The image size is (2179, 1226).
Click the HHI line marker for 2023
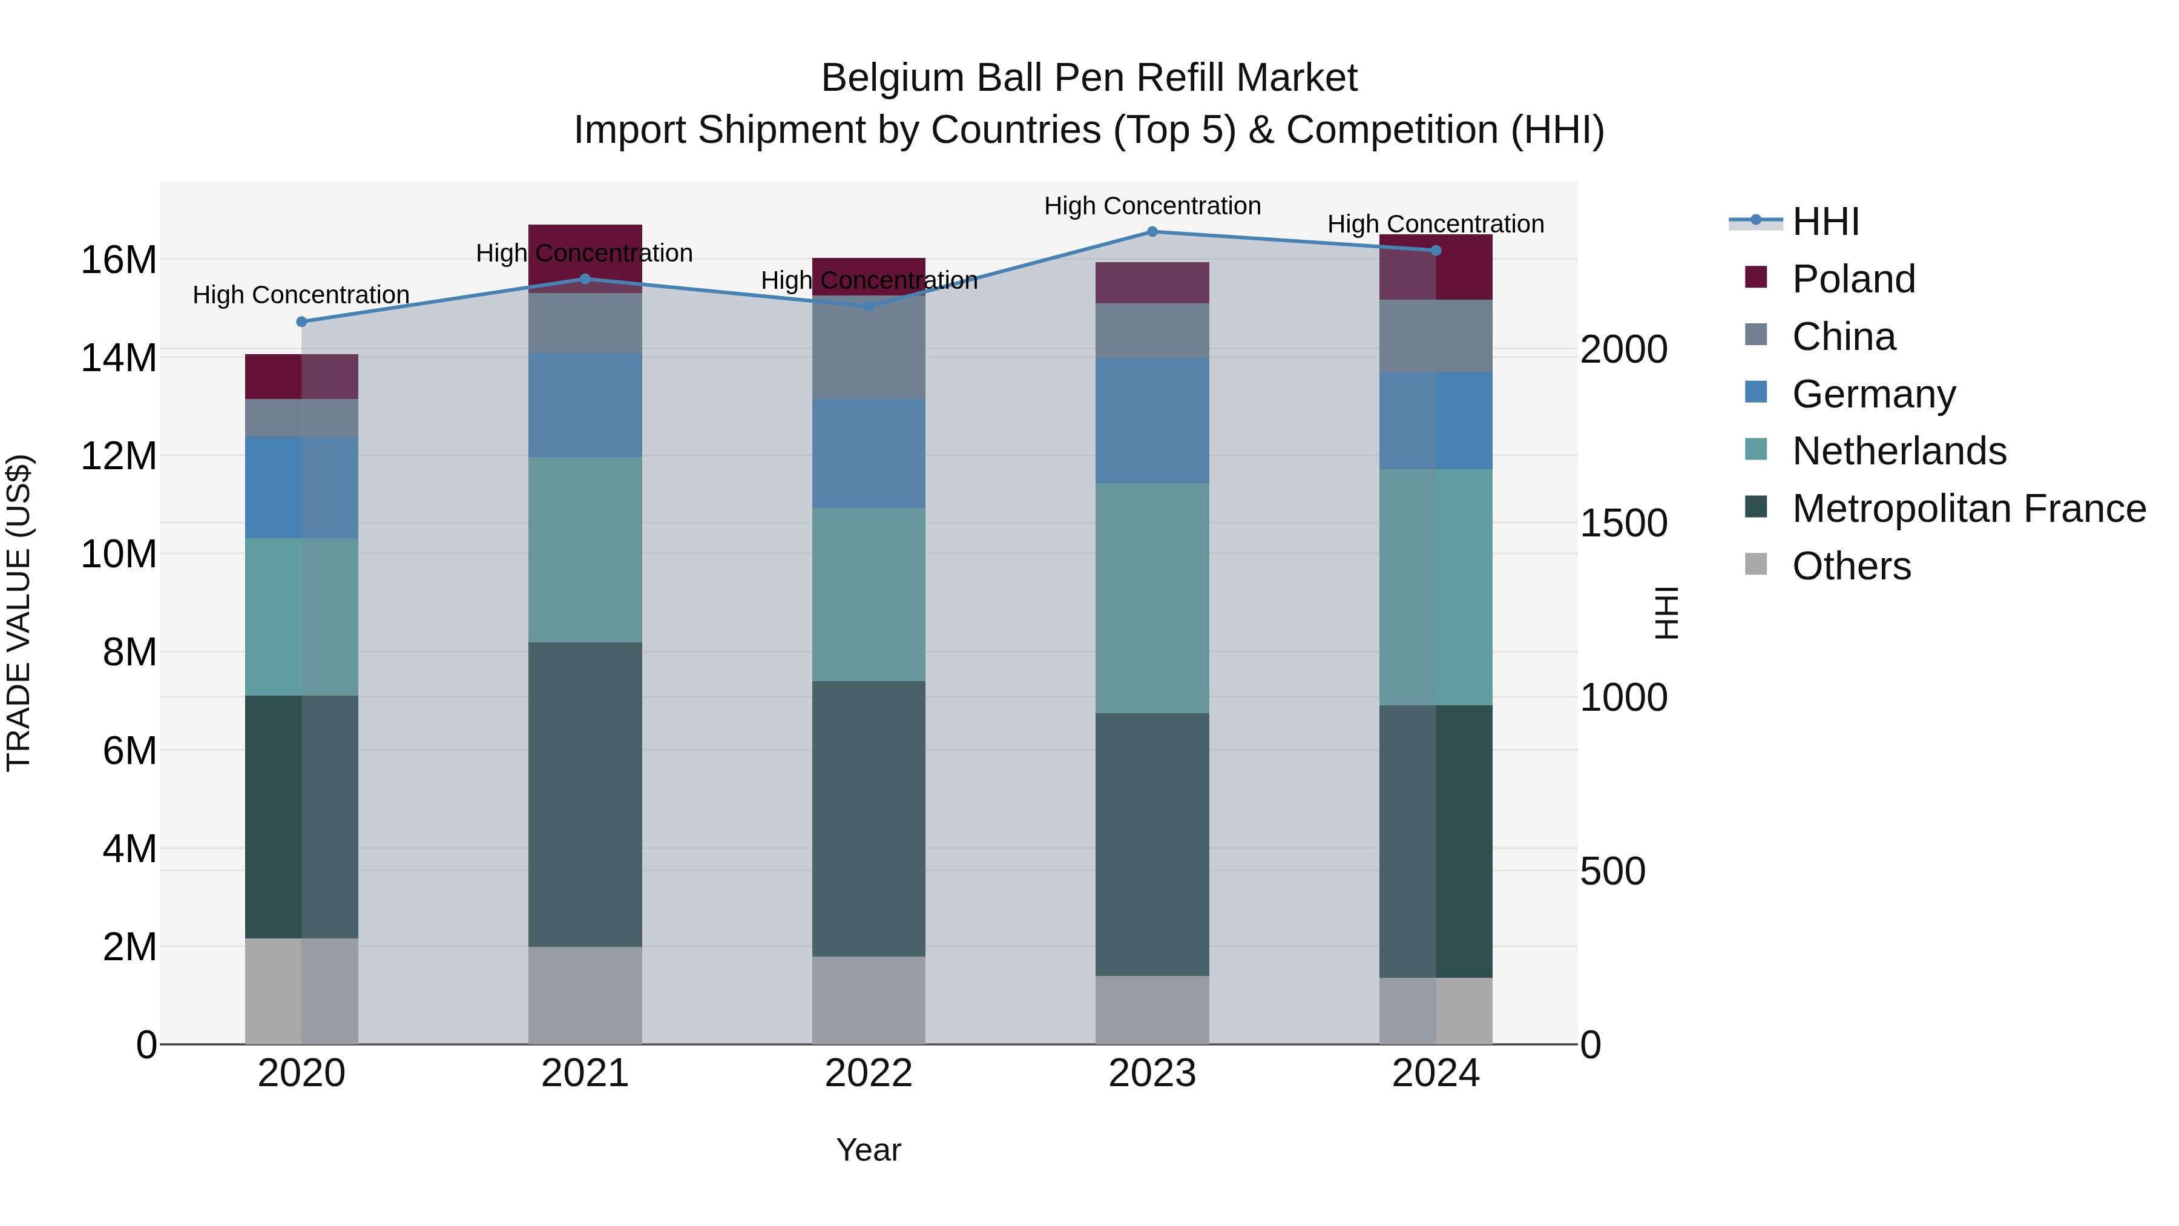[x=1152, y=232]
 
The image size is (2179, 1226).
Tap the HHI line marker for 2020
[x=302, y=321]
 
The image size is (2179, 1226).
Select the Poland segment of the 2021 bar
[x=585, y=258]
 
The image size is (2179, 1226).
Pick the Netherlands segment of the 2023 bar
[x=1152, y=598]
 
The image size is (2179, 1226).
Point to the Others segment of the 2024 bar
[x=1436, y=1010]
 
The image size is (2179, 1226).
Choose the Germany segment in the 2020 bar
[x=302, y=487]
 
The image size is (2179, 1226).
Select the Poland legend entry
[x=1853, y=279]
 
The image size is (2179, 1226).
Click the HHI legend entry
[x=1826, y=222]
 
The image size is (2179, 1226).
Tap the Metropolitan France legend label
[x=1968, y=509]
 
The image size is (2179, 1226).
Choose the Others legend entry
[x=1851, y=566]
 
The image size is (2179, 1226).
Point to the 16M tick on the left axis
[x=119, y=260]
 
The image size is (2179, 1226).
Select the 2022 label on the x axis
[x=869, y=1073]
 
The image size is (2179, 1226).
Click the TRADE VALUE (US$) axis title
[x=19, y=613]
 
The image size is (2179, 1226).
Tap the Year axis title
[x=869, y=1150]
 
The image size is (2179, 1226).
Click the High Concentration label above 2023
[x=1152, y=206]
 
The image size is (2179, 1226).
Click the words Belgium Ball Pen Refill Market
[x=1089, y=78]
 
